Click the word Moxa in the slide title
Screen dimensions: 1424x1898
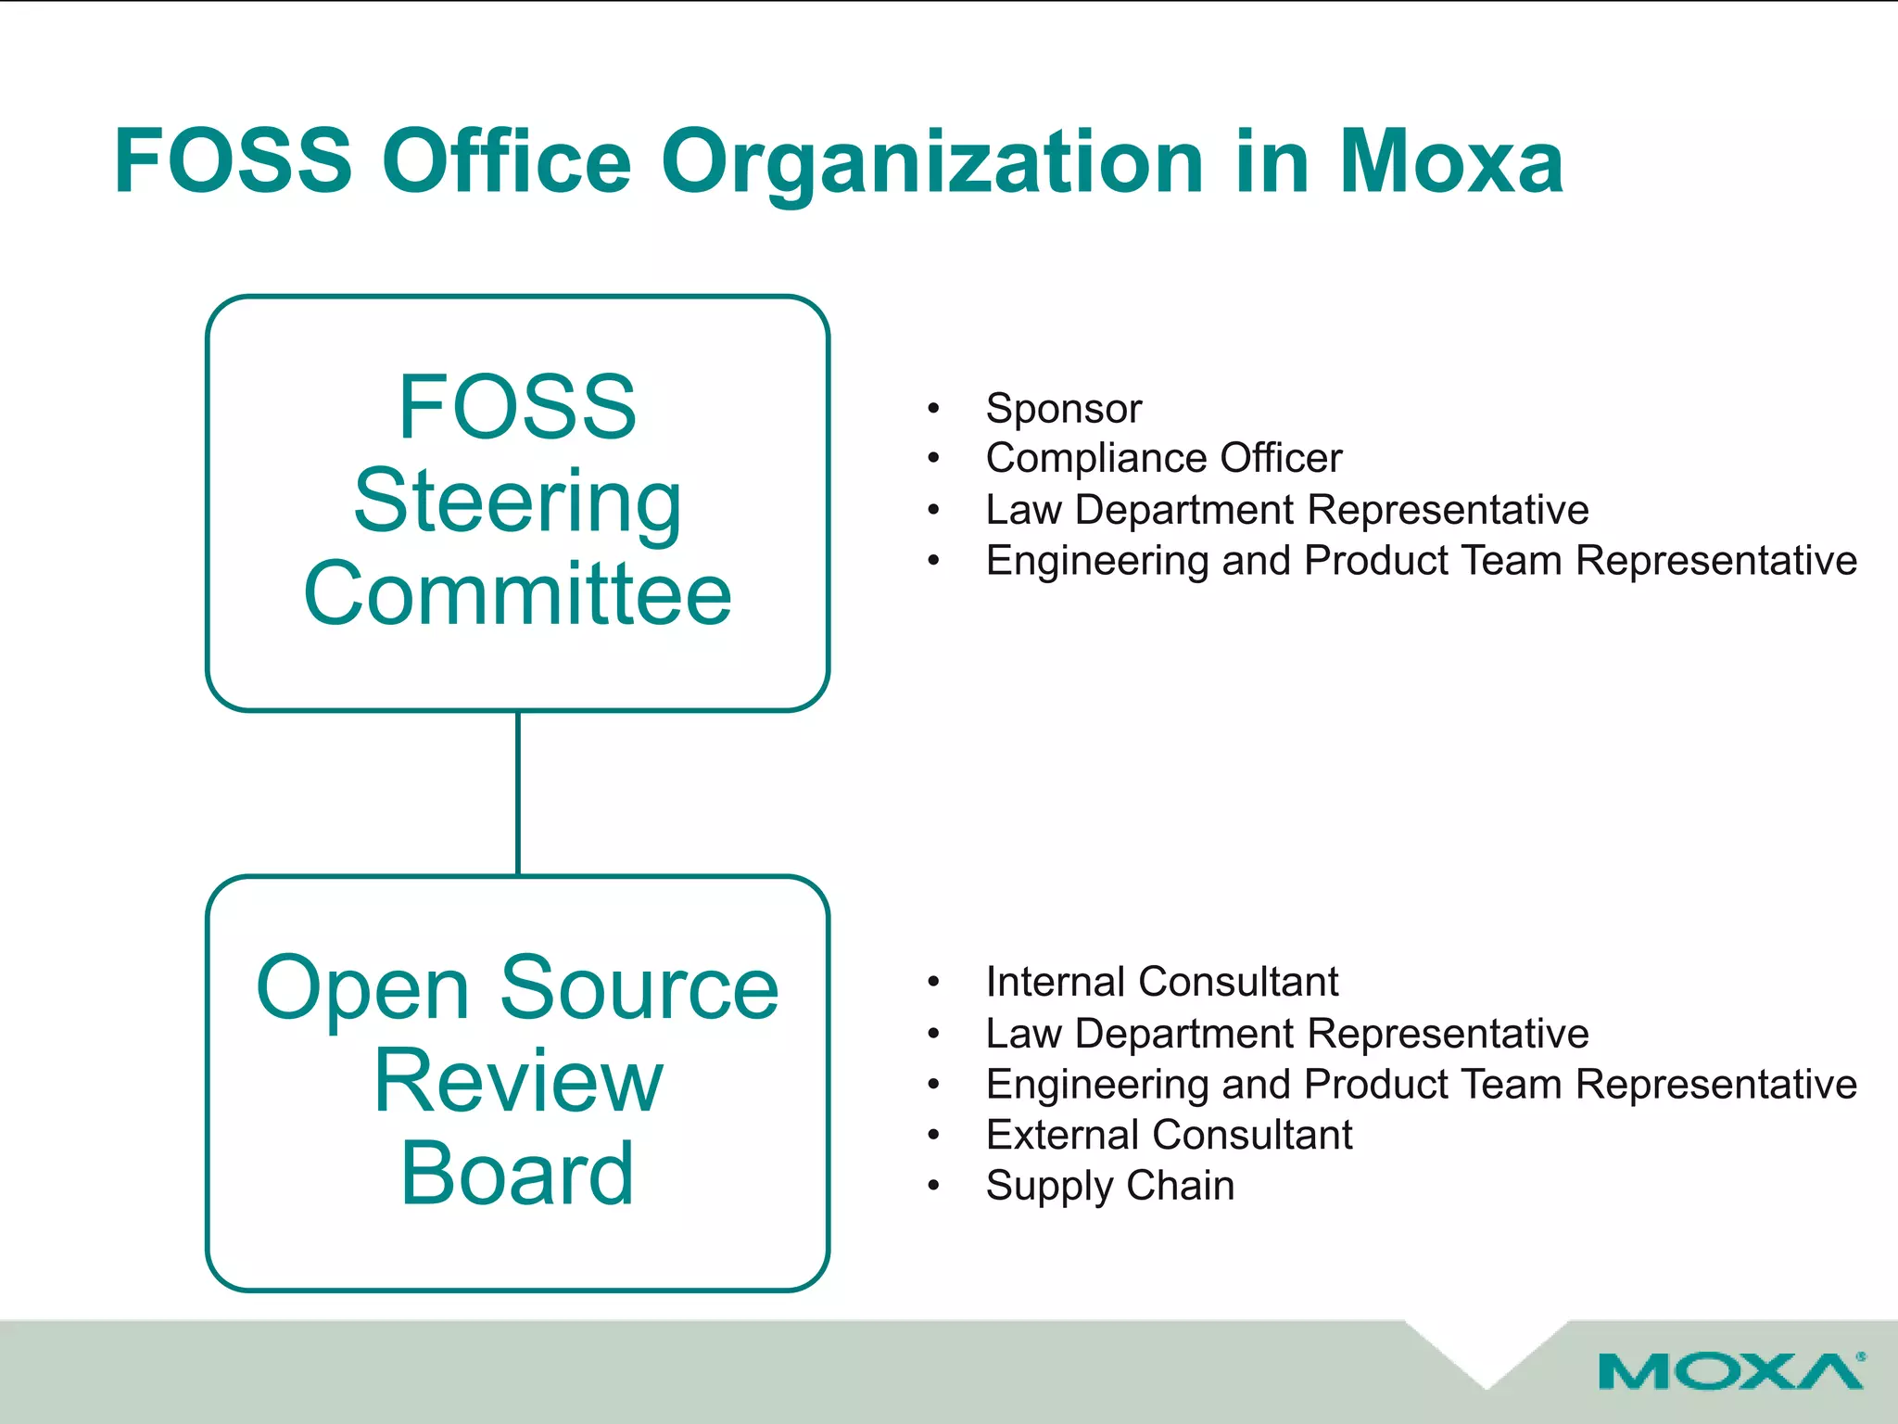coord(1451,162)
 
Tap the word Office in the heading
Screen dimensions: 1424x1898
coord(507,162)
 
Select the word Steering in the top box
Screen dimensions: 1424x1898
coord(517,502)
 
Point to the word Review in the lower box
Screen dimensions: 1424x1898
coord(517,1081)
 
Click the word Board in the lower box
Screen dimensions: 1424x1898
coord(517,1174)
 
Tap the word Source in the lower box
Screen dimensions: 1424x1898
coord(639,988)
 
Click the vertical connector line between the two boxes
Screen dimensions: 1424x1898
coord(518,794)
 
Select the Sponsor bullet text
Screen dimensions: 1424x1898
coord(1063,409)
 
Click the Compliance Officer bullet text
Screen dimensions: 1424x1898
coord(1163,458)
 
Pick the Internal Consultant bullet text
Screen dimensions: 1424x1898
coord(1161,982)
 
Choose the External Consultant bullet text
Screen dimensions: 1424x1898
coord(1169,1135)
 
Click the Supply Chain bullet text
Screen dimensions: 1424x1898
coord(1109,1186)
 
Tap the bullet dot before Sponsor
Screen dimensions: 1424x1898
coord(933,408)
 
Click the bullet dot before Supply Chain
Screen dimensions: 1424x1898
coord(933,1185)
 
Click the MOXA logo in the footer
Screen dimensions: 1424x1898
coord(1730,1371)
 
